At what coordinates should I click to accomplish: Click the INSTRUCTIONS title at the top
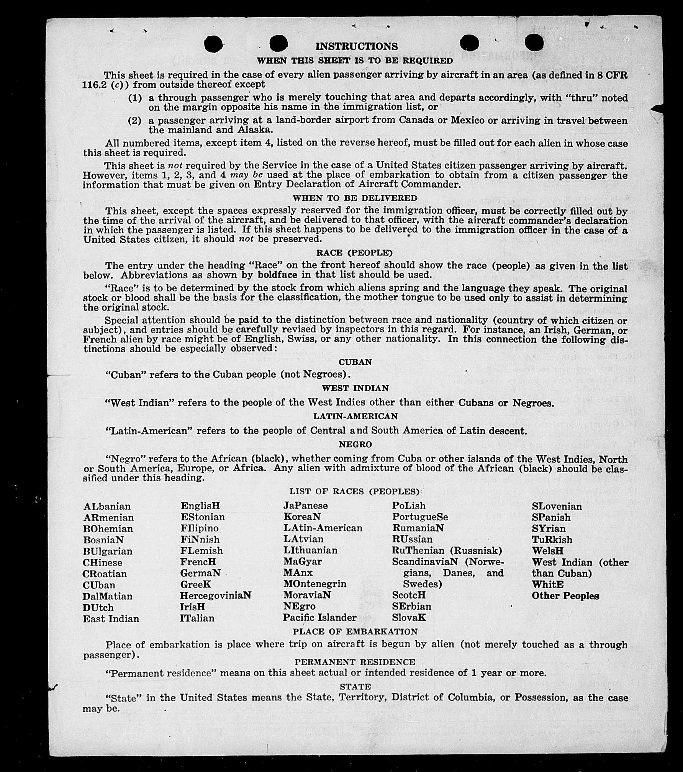click(356, 46)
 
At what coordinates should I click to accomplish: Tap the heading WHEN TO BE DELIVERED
click(355, 198)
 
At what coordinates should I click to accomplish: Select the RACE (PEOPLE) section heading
click(354, 253)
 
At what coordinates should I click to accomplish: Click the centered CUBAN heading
click(355, 362)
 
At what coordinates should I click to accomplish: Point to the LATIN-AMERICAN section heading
click(355, 416)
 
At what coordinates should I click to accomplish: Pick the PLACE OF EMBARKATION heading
click(355, 631)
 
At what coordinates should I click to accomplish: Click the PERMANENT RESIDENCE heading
click(355, 662)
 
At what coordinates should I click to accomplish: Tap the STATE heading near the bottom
click(355, 687)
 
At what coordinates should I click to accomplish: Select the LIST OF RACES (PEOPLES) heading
click(354, 491)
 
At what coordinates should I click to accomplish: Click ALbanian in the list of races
click(107, 506)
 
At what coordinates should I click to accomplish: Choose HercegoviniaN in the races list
click(216, 595)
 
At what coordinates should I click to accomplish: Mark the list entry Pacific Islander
click(319, 618)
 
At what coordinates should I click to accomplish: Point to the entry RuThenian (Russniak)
click(447, 551)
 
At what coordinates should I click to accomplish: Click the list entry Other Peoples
click(565, 596)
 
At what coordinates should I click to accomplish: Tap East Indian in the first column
click(111, 619)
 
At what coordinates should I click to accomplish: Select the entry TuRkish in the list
click(552, 540)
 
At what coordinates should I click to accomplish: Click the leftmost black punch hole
click(213, 44)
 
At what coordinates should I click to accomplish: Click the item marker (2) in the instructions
click(134, 121)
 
